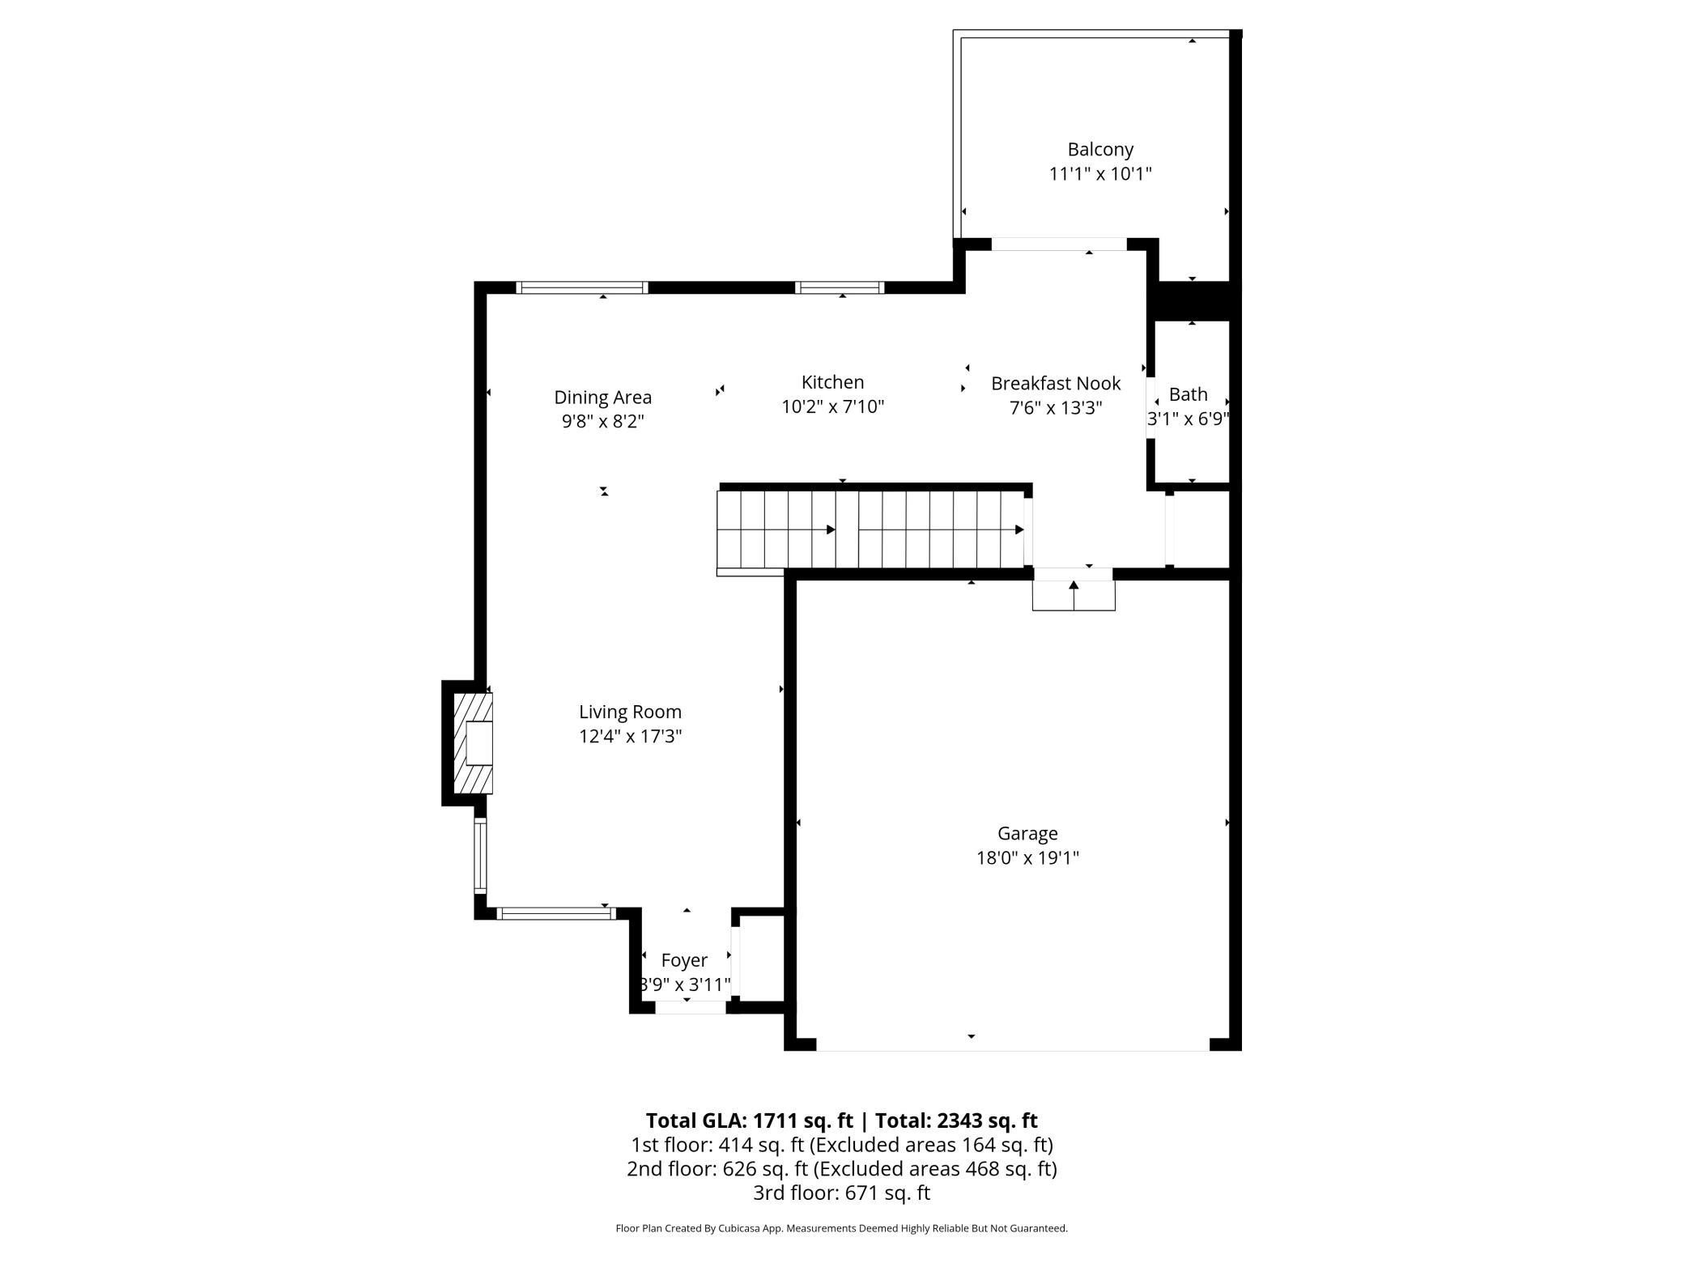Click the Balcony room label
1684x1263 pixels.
click(1100, 150)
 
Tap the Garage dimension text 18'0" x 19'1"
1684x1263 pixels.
click(1027, 858)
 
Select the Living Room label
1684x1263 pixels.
click(630, 712)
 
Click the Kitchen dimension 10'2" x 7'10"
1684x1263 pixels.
click(832, 406)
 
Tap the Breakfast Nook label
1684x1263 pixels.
click(1056, 384)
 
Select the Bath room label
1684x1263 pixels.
click(1188, 395)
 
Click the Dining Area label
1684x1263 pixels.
click(602, 398)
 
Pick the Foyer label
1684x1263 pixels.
click(684, 961)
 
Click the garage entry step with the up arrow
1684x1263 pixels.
click(1074, 595)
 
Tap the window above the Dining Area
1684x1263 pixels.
click(582, 287)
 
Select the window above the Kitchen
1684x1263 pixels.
click(839, 287)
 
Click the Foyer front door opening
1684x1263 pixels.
click(691, 1007)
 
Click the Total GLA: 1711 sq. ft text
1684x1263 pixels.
click(750, 1121)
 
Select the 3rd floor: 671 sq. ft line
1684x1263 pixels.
click(842, 1193)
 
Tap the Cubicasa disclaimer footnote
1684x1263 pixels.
click(842, 1228)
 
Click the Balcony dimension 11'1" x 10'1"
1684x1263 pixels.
click(1100, 174)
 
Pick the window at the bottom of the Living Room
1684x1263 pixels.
click(555, 913)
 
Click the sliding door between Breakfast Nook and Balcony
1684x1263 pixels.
click(1059, 245)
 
